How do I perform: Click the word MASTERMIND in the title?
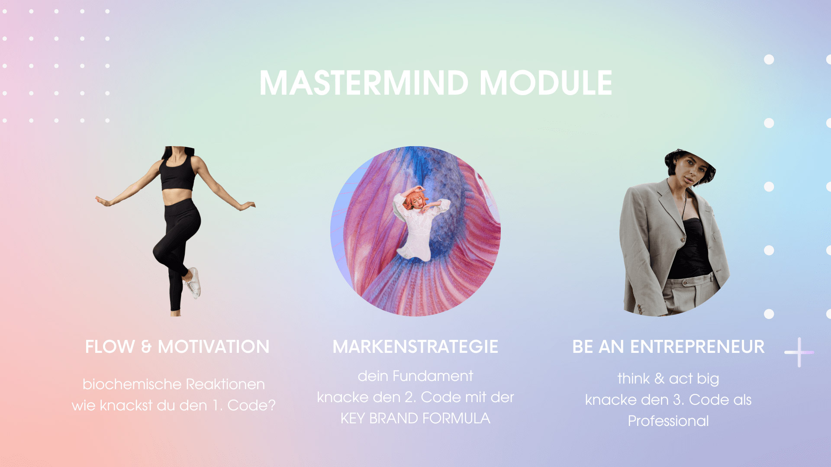[364, 83]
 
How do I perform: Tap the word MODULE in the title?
[546, 83]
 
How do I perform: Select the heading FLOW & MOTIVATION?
[177, 347]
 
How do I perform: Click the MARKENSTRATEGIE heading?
[415, 347]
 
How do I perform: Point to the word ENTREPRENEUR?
[697, 347]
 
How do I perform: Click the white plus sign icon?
[799, 352]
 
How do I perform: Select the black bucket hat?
[689, 162]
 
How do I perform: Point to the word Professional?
[668, 421]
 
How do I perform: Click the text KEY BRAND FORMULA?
[415, 419]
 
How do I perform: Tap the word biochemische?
[132, 384]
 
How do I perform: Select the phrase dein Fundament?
[415, 376]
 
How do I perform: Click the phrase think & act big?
[668, 379]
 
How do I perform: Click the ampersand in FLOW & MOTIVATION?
[146, 347]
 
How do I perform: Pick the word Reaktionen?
[225, 384]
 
